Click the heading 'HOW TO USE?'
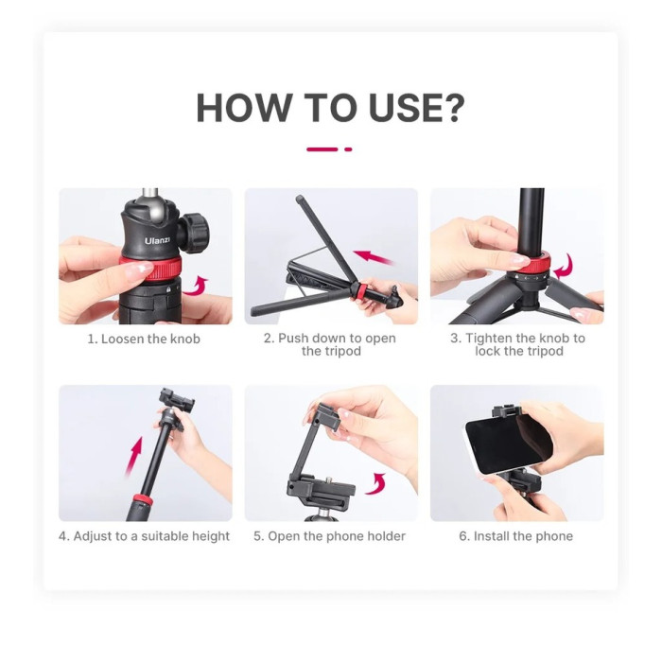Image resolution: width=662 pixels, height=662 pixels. coord(330,109)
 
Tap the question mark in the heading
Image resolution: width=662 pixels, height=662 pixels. coord(451,109)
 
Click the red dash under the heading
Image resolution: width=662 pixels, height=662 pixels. coord(322,149)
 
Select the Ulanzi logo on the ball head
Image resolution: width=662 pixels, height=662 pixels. coord(157,243)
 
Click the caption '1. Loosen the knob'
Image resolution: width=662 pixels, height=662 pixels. coord(145,339)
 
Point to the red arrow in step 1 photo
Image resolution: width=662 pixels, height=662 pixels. coord(197,284)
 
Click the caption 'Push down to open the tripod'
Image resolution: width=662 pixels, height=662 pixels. coord(329,345)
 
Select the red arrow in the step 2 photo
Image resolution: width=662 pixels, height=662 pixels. coord(374,256)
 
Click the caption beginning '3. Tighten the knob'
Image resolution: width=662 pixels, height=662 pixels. coord(517,345)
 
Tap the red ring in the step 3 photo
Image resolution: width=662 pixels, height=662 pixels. coord(525,278)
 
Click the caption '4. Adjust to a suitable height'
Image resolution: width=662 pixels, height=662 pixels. coord(145,536)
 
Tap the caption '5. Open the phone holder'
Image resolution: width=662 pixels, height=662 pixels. coord(329,536)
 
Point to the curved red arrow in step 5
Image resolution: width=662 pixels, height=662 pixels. coord(376,485)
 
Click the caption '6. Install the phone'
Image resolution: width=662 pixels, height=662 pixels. coord(516,536)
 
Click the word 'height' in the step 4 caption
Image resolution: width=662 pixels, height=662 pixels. coord(208,536)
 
